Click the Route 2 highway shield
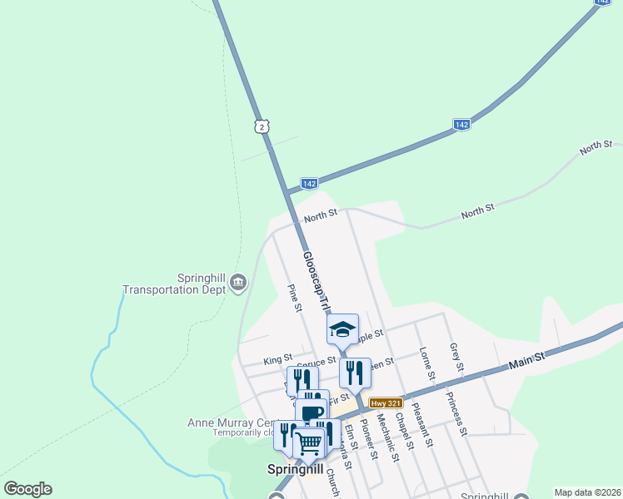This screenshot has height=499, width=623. click(x=263, y=126)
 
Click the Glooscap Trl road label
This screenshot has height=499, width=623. click(x=316, y=281)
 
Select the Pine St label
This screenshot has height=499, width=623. click(x=294, y=298)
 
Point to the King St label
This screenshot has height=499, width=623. click(x=273, y=359)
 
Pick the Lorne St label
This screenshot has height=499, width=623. click(x=427, y=365)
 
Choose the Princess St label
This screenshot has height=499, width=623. click(x=456, y=413)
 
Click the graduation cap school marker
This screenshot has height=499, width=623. click(x=341, y=329)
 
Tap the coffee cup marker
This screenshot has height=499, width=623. click(x=311, y=412)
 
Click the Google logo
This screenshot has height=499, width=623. click(x=27, y=489)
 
